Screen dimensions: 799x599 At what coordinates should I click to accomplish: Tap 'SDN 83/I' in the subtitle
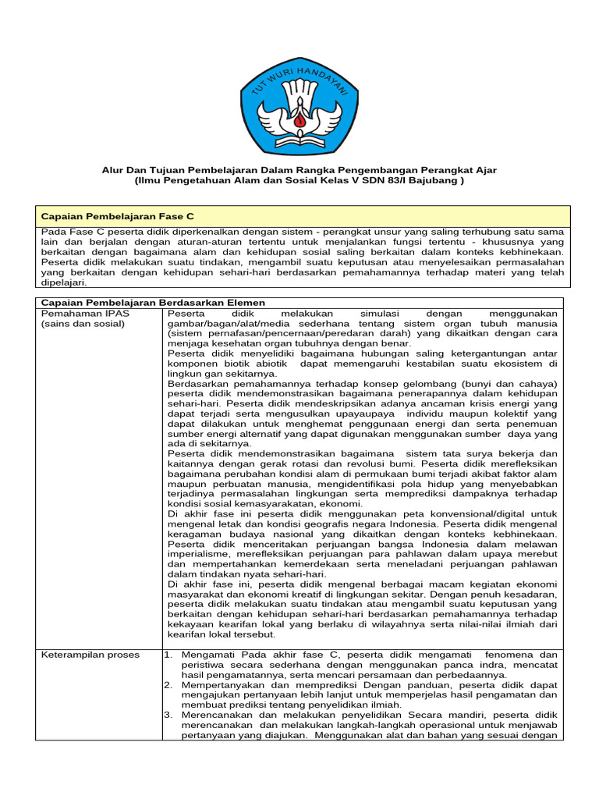[x=377, y=181]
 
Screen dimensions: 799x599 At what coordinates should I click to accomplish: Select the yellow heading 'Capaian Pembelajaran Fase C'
[x=117, y=215]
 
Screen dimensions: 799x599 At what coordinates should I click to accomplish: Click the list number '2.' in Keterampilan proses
[x=168, y=684]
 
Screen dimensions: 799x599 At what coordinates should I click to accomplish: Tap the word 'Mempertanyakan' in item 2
[x=222, y=684]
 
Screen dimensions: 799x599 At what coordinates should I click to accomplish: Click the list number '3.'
[x=168, y=715]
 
